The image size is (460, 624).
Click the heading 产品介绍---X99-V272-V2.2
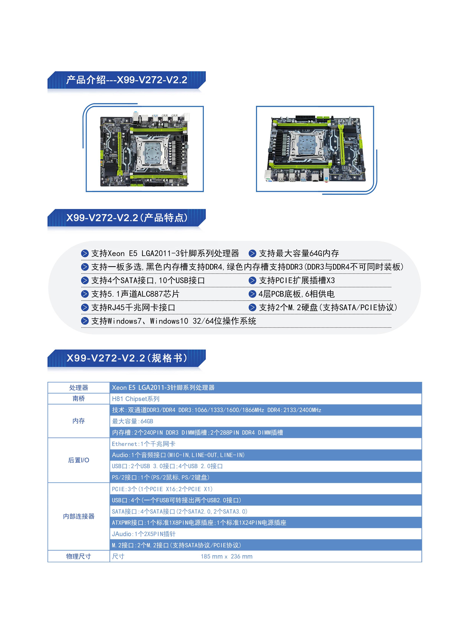tap(127, 80)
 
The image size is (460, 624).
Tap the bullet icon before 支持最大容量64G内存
tap(252, 253)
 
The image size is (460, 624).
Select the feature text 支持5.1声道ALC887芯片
tap(135, 294)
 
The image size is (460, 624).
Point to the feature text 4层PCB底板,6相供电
tap(296, 294)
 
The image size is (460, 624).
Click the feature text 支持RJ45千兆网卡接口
tap(133, 308)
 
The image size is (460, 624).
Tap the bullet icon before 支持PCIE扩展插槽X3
tap(252, 280)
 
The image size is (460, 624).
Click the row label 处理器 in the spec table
tap(79, 388)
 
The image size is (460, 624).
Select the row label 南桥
tap(79, 399)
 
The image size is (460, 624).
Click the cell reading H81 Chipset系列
tap(136, 399)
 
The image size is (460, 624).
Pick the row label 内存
tap(79, 421)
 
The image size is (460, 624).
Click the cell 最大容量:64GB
tap(133, 421)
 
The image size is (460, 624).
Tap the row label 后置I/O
tap(79, 460)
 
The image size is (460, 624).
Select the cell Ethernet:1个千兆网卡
tap(143, 444)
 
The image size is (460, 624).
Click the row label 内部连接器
tap(79, 516)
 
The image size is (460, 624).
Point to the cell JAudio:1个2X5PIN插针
tap(144, 534)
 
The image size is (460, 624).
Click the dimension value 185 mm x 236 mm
tap(227, 556)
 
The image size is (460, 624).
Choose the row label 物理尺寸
tap(79, 556)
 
